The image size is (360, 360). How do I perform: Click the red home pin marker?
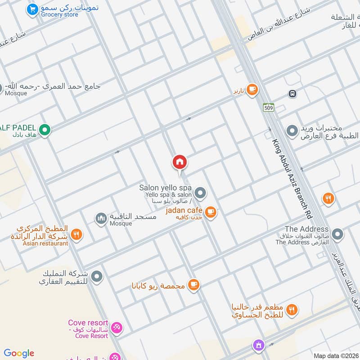point(180,162)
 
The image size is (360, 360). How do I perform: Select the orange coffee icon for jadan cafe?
point(210,211)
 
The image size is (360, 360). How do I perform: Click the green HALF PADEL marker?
point(44,130)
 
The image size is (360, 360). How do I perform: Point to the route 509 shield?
point(269,108)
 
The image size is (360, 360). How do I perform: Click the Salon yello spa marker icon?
point(201,193)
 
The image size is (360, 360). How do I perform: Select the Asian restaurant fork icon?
point(76,234)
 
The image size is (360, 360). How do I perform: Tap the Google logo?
point(19,353)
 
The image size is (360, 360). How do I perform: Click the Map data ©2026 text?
point(335,355)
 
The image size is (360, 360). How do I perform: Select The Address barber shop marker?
point(337,234)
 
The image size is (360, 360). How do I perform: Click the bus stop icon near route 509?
point(292,94)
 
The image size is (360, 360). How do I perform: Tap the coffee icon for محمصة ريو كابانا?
point(193,284)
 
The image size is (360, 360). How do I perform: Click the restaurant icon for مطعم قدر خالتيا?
point(292,309)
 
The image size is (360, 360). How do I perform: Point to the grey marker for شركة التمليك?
point(97,276)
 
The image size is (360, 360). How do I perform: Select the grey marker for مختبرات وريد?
point(292,131)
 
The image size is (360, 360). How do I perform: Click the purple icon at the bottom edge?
point(258,346)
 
